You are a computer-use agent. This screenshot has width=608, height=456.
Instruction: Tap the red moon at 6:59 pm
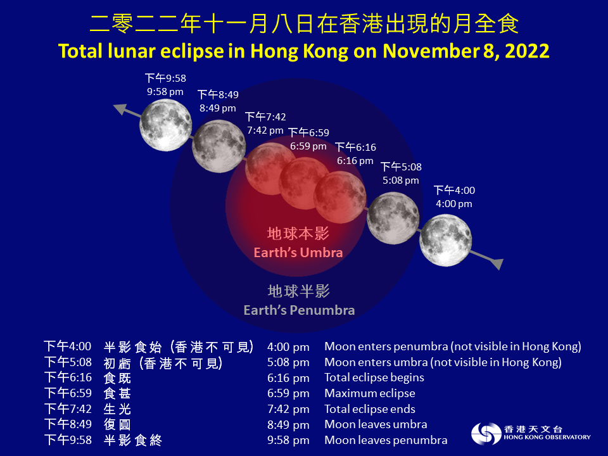[x=305, y=184]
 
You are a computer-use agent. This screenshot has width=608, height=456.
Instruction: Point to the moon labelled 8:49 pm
[x=219, y=147]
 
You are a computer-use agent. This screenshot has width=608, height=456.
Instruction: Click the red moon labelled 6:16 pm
[x=340, y=196]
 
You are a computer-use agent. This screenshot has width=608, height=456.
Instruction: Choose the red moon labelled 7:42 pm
[x=270, y=169]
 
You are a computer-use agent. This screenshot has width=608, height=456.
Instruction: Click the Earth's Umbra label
[x=298, y=252]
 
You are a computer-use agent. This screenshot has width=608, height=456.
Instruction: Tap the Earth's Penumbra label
[x=299, y=310]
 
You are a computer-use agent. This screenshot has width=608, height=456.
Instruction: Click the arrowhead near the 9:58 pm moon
[x=120, y=108]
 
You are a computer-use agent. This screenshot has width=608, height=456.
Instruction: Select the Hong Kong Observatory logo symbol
[x=484, y=433]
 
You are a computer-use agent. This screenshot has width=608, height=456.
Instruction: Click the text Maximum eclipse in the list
[x=369, y=393]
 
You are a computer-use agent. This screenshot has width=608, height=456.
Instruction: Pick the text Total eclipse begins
[x=374, y=377]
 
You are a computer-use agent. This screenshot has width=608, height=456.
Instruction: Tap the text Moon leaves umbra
[x=376, y=424]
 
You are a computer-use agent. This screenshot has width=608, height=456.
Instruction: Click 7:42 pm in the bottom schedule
[x=288, y=408]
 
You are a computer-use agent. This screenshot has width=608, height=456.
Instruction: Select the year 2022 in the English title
[x=526, y=51]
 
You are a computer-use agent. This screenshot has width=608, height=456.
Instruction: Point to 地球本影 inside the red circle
[x=298, y=234]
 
